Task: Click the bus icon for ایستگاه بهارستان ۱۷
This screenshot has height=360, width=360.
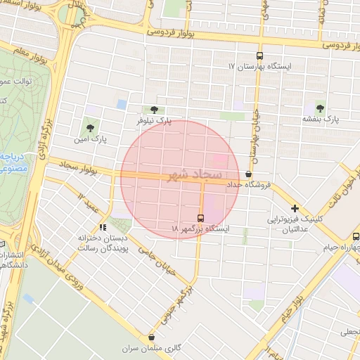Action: coord(259,56)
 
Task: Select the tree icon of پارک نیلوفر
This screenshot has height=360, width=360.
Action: coord(153,110)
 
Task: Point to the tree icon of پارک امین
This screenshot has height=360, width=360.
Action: coord(90,128)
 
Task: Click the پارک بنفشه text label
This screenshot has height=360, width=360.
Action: coord(321,120)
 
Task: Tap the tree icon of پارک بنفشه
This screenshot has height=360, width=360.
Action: coord(320,108)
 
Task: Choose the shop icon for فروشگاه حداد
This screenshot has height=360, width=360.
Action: coord(248,174)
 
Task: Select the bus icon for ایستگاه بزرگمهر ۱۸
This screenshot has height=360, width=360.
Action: coord(200,218)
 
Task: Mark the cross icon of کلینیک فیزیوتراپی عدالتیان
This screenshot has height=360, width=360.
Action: coord(295,208)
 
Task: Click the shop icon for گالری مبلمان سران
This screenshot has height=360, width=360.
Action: coord(152,337)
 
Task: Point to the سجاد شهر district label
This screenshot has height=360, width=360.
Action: coord(195,174)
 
